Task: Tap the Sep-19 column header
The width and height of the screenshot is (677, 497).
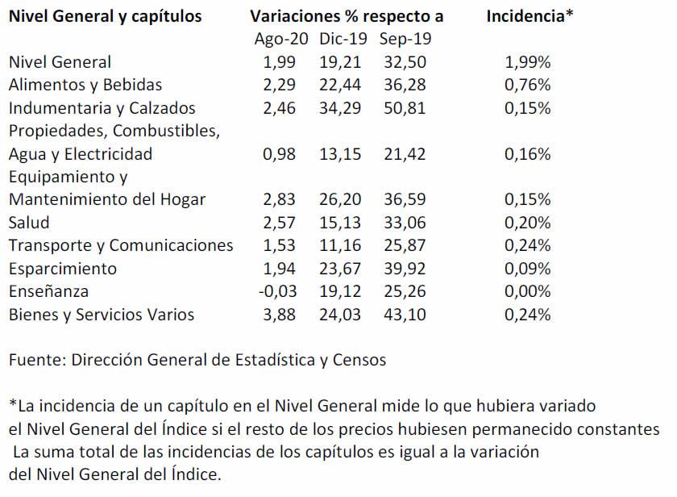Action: pyautogui.click(x=405, y=39)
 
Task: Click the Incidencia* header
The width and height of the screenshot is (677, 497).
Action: pyautogui.click(x=530, y=16)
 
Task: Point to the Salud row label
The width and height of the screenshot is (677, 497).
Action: pyautogui.click(x=29, y=223)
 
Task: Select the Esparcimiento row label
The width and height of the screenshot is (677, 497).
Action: pyautogui.click(x=63, y=269)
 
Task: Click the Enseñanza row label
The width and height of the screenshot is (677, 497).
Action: pyautogui.click(x=49, y=291)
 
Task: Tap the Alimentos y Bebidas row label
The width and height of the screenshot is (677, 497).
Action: pyautogui.click(x=85, y=85)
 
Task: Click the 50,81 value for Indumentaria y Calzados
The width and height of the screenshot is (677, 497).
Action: pyautogui.click(x=405, y=108)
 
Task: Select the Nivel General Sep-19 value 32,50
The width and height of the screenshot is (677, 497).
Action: pyautogui.click(x=405, y=62)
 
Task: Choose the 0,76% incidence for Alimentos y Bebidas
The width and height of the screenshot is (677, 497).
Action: pyautogui.click(x=527, y=85)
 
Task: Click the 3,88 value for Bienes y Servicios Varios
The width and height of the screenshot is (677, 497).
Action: pyautogui.click(x=280, y=315)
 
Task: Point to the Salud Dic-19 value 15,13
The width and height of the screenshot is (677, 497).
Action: pyautogui.click(x=342, y=223)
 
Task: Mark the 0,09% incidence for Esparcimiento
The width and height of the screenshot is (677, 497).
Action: pyautogui.click(x=527, y=269)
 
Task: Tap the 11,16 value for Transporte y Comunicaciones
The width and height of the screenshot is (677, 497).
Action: pyautogui.click(x=342, y=245)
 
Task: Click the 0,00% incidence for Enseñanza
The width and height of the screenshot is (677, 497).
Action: pyautogui.click(x=527, y=291)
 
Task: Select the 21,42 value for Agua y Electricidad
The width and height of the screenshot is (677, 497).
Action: pyautogui.click(x=405, y=154)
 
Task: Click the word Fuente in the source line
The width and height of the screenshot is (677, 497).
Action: pyautogui.click(x=35, y=361)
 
